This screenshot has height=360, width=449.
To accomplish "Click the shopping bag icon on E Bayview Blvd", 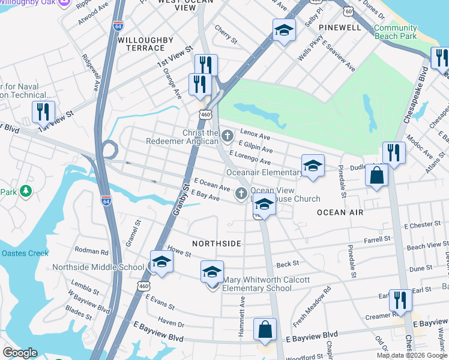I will click(x=264, y=329).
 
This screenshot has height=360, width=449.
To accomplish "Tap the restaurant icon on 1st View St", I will click(x=43, y=112).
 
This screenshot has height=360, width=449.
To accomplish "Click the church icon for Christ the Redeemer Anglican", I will click(x=227, y=136).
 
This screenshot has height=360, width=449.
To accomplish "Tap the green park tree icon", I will click(x=25, y=191).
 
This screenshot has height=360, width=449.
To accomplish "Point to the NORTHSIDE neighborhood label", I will click(x=217, y=244).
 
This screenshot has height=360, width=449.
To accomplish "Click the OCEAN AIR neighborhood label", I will click(x=340, y=212).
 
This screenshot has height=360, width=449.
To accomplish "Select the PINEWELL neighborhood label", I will click(x=340, y=28).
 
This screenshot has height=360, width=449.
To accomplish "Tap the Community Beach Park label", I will click(x=395, y=32).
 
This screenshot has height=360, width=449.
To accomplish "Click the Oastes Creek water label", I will click(x=24, y=253).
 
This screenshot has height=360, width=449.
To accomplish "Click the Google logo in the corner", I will click(x=20, y=353).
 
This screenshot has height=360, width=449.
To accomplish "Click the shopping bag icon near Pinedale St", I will click(x=376, y=176).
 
